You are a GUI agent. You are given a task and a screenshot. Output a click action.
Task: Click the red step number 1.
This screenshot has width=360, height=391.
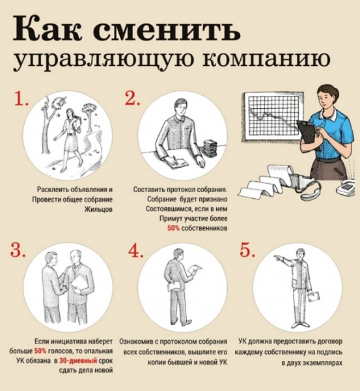point(21,99)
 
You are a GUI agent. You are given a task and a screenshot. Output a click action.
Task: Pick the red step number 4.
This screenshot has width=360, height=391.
point(135,250)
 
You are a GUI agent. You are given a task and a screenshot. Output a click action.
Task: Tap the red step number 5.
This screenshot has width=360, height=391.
point(246,250)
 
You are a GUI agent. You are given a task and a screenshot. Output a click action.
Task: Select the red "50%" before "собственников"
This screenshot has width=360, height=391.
point(173,229)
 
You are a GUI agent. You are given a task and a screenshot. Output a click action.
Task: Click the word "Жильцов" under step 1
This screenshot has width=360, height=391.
point(74,209)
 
